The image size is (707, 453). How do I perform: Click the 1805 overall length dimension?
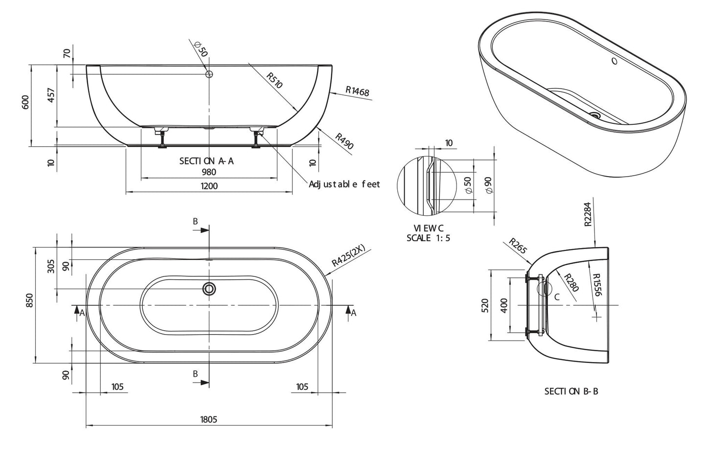(208, 419)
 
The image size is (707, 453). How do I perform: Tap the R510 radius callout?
(275, 80)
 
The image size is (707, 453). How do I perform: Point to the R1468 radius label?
(357, 91)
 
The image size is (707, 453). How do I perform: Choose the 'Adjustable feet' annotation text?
(344, 184)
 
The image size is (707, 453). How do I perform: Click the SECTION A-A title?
(206, 161)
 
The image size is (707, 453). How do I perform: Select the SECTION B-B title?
(571, 391)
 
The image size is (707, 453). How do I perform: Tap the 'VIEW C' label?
(428, 228)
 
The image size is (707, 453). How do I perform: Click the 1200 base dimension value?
(209, 186)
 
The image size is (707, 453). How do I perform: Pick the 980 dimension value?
(209, 172)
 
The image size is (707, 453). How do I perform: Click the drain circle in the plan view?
(209, 289)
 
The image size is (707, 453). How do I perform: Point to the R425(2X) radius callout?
(348, 255)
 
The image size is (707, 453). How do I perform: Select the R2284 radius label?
(588, 214)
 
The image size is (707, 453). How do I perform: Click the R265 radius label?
(518, 246)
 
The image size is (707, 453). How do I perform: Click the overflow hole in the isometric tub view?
(615, 61)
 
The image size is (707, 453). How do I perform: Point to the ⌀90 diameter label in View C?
(488, 185)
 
